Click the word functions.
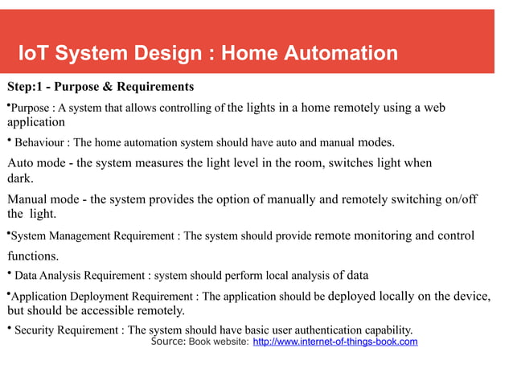[32, 256]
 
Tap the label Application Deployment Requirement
[104, 296]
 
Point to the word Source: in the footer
[168, 342]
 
